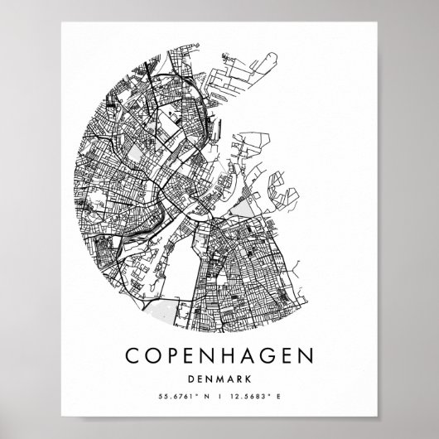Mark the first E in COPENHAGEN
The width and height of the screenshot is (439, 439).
coord(199,355)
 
